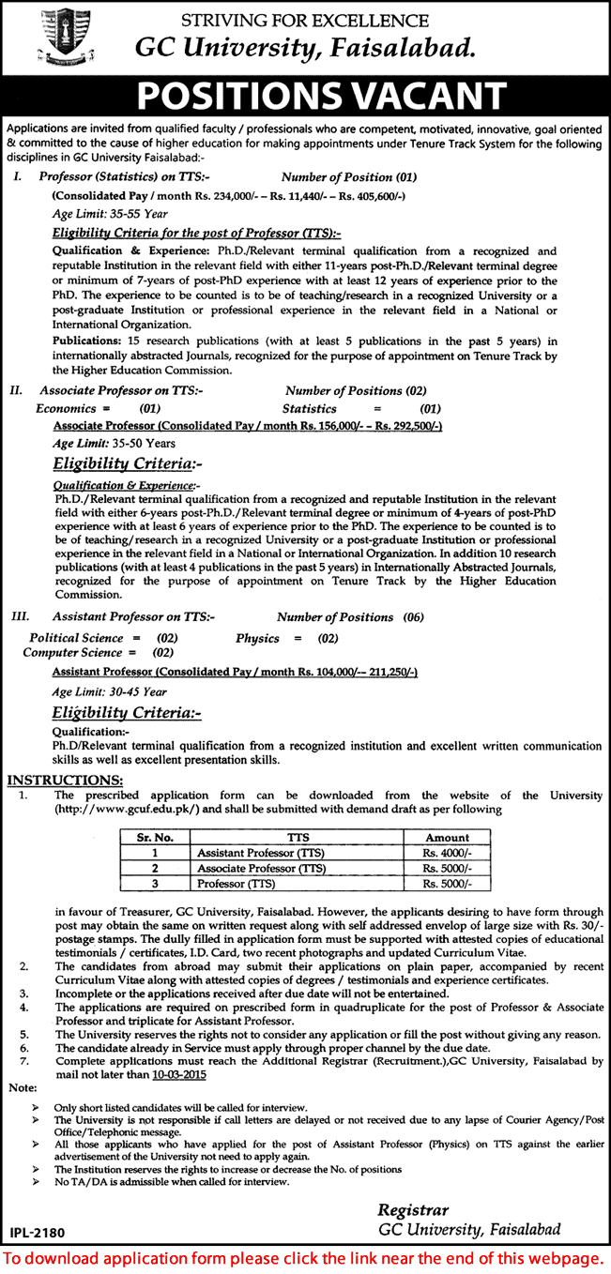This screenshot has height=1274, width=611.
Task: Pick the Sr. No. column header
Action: pos(153,837)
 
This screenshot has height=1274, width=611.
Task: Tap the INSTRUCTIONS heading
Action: pos(65,780)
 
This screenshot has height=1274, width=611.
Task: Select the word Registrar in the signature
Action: pos(413,1209)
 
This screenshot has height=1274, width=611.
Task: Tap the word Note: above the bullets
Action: pos(19,1089)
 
